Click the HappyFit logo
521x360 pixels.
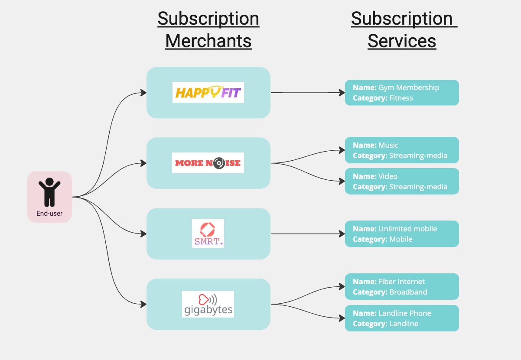pyautogui.click(x=208, y=92)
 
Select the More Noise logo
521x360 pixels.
pyautogui.click(x=208, y=163)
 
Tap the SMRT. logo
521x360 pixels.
pyautogui.click(x=208, y=233)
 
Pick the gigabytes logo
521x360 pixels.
pyautogui.click(x=208, y=304)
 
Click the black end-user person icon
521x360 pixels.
pyautogui.click(x=49, y=192)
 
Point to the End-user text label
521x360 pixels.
pyautogui.click(x=49, y=214)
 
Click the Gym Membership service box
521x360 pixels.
pyautogui.click(x=402, y=93)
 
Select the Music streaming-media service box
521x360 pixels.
pyautogui.click(x=402, y=150)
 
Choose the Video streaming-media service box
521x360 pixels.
pyautogui.click(x=402, y=181)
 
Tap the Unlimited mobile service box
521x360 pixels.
pyautogui.click(x=402, y=234)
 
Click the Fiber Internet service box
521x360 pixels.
pyautogui.click(x=402, y=286)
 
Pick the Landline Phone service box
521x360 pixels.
pyautogui.click(x=402, y=318)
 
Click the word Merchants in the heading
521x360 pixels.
pyautogui.click(x=208, y=41)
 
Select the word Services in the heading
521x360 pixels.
pyautogui.click(x=402, y=41)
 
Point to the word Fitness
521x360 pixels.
pyautogui.click(x=401, y=98)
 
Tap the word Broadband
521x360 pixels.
pyautogui.click(x=408, y=292)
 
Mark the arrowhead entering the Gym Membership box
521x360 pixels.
pyautogui.click(x=342, y=93)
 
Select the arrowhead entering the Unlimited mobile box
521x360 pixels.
pyautogui.click(x=342, y=234)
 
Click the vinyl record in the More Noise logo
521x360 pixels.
pyautogui.click(x=219, y=163)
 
